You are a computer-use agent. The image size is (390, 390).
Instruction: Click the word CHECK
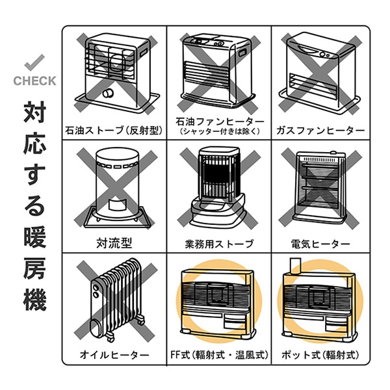coord(34,81)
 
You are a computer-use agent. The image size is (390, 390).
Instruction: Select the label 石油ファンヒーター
coord(219,122)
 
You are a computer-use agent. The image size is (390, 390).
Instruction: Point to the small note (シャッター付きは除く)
coord(219,133)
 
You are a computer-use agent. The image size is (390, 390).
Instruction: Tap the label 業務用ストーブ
coord(219,244)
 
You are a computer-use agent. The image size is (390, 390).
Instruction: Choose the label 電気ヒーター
coord(320,244)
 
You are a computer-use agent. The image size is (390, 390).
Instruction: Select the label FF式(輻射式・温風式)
coord(219,355)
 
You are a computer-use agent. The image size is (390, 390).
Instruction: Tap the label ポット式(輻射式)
coord(320,355)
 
